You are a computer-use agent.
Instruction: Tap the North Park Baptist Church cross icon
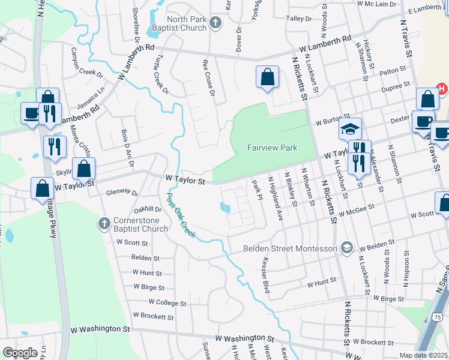tap(216, 23)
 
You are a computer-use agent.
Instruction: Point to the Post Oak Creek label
tap(181, 212)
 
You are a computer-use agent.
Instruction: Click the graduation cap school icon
tap(351, 129)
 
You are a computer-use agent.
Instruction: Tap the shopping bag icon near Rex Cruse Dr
tap(267, 77)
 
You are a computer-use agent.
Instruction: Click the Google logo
tap(20, 353)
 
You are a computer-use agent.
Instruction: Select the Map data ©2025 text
tap(423, 355)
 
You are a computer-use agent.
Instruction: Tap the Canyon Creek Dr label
tap(87, 63)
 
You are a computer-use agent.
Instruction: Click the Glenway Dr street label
tap(122, 193)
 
